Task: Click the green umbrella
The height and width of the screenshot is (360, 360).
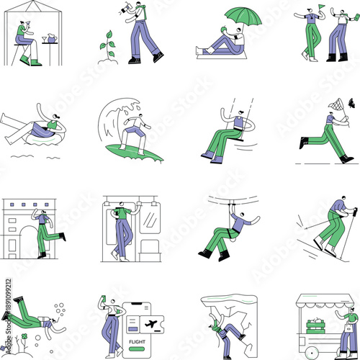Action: tap(246, 14)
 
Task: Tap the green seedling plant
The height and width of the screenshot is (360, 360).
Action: tap(108, 45)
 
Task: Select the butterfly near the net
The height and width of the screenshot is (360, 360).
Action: tap(351, 103)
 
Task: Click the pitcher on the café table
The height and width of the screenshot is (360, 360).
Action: tap(45, 37)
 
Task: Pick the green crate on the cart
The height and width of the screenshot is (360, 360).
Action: tap(318, 327)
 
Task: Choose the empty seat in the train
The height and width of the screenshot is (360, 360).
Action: tap(149, 248)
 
